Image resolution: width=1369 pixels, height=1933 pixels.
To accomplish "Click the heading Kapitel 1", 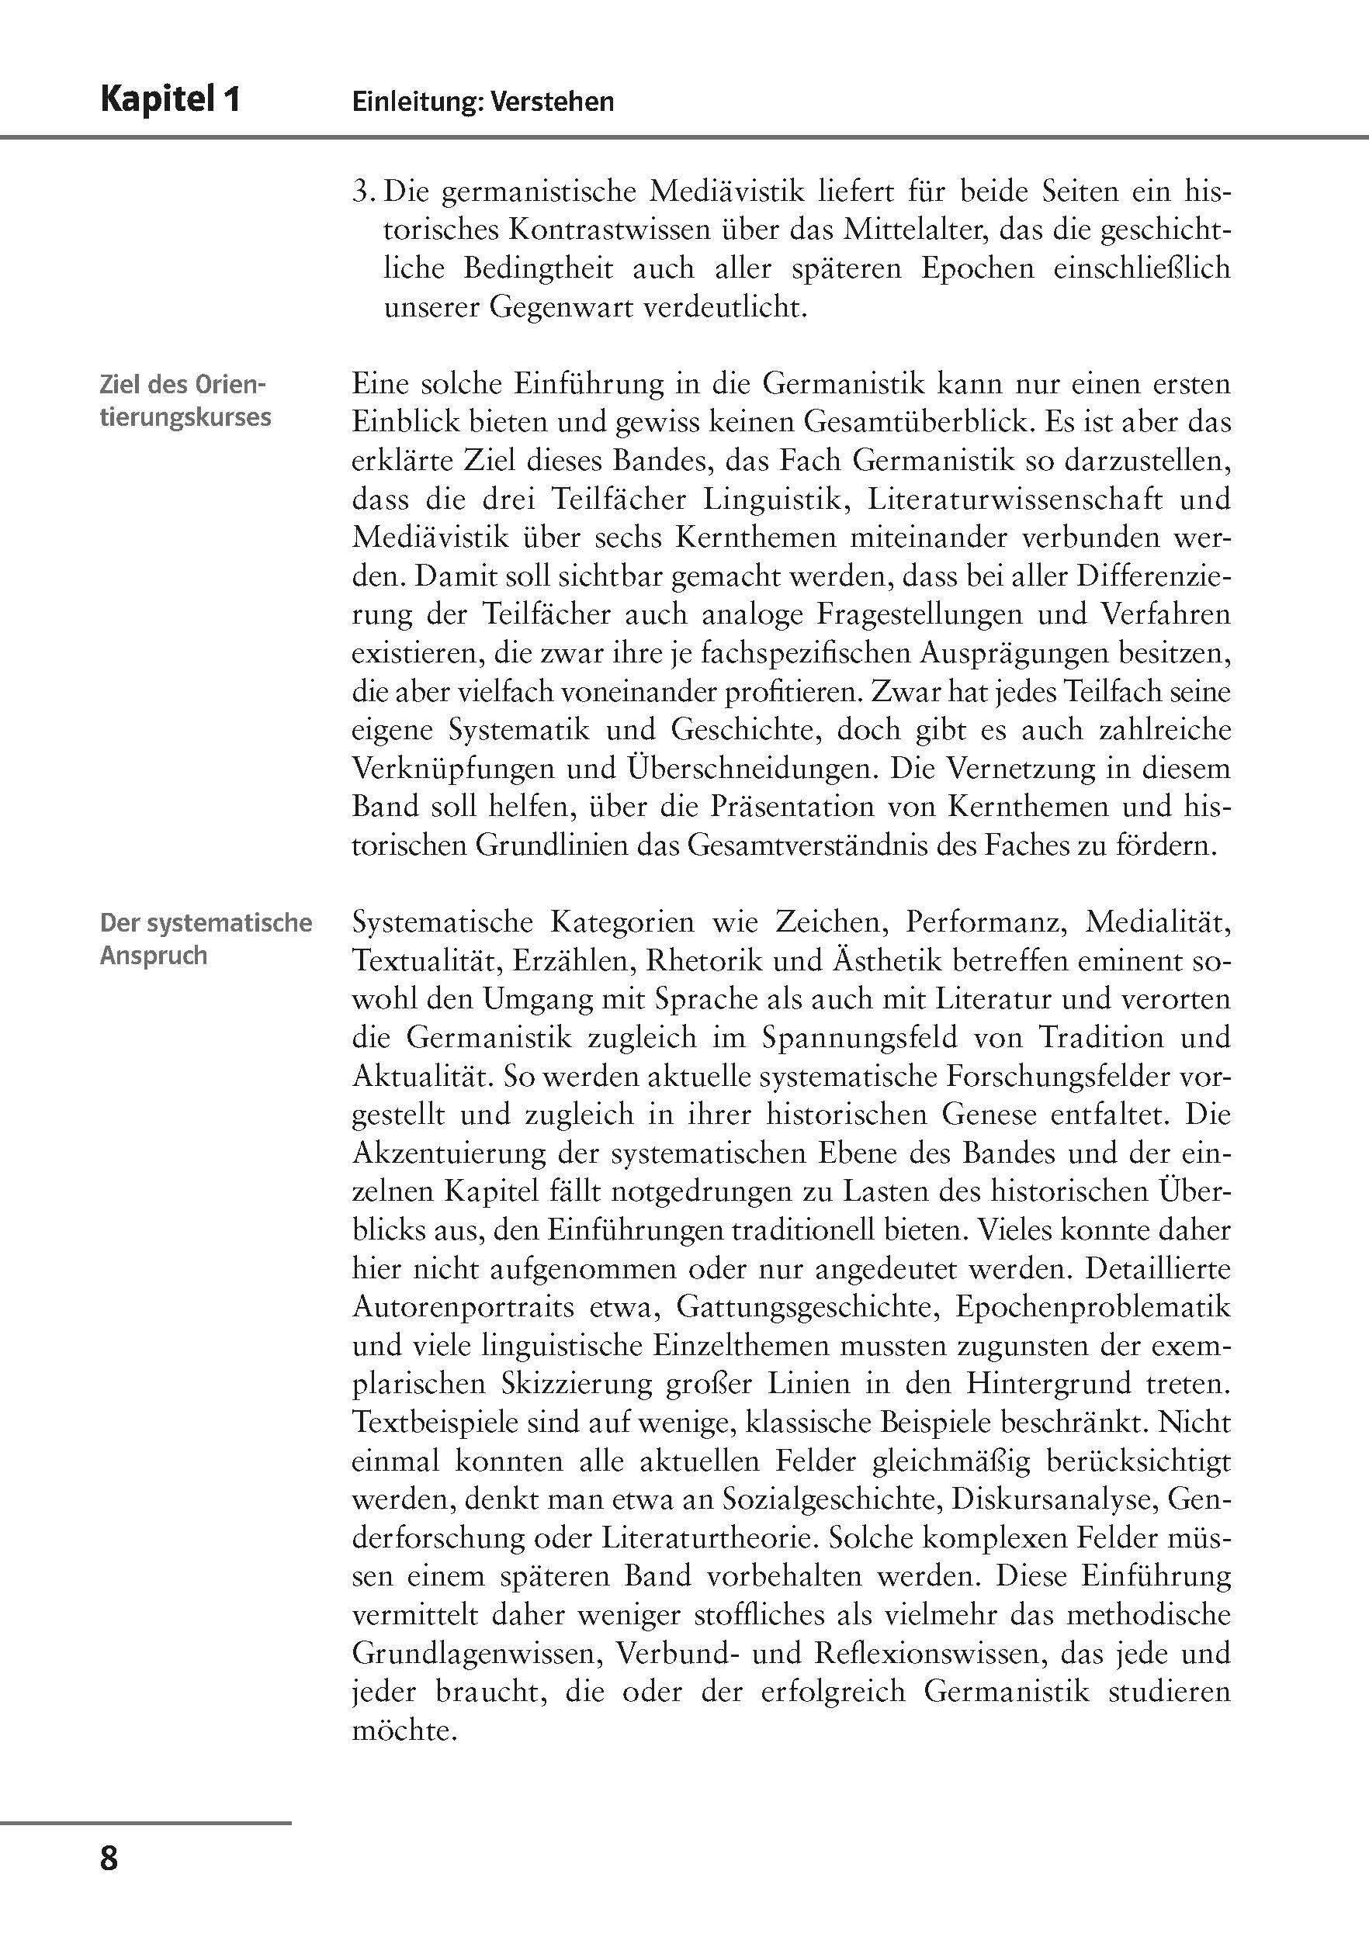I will pos(170,100).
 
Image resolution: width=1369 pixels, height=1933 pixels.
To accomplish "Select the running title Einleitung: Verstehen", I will pos(483,102).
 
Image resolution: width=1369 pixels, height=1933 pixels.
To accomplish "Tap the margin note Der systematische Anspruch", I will pos(206,939).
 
